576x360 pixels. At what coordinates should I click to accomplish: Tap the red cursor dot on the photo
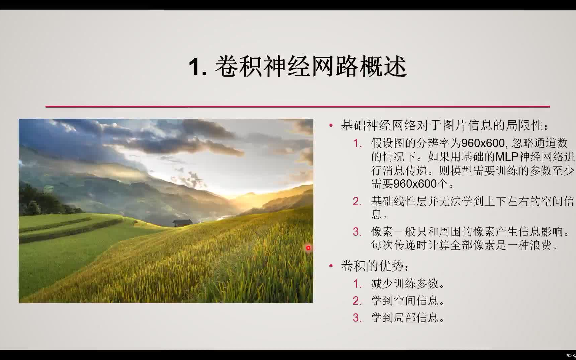point(308,248)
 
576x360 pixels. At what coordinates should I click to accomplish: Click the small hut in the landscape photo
point(182,223)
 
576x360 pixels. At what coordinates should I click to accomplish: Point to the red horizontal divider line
point(297,107)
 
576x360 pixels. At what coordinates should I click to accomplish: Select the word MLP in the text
point(507,157)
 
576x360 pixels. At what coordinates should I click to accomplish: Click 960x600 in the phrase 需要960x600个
point(415,184)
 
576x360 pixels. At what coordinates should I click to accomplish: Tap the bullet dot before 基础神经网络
point(331,126)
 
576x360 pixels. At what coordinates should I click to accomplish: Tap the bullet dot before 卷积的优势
point(331,266)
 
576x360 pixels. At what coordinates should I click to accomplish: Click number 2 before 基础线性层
point(357,202)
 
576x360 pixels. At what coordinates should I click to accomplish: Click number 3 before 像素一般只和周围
point(357,232)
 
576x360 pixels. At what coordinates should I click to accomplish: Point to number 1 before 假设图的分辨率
point(357,143)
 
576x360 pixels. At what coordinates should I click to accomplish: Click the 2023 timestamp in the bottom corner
point(570,356)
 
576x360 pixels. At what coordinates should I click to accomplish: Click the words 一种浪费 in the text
point(530,245)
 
